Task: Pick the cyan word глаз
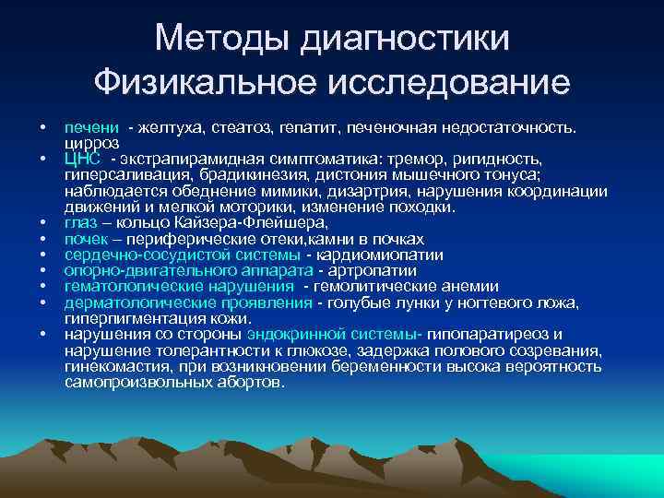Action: (x=81, y=222)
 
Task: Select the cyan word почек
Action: (x=86, y=239)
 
